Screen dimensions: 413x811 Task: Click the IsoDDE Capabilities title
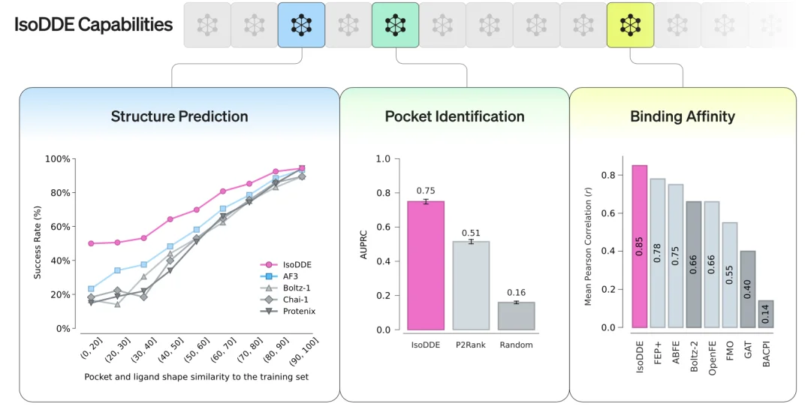tap(93, 24)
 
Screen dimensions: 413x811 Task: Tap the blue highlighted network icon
tap(301, 25)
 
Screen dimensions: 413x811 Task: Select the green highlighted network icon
tap(395, 25)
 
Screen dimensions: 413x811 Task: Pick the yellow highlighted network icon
tap(630, 25)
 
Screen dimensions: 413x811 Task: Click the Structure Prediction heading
tap(179, 116)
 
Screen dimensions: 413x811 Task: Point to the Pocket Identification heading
tap(454, 116)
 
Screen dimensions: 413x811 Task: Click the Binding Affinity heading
tap(682, 116)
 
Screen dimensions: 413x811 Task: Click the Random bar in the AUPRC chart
tap(516, 315)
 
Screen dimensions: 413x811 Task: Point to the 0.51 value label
tap(471, 233)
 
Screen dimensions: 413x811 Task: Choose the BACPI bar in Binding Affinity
tap(765, 314)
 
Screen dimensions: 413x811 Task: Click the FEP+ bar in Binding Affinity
tap(657, 253)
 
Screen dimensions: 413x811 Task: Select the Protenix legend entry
tap(299, 311)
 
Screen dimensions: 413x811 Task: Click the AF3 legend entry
tap(291, 276)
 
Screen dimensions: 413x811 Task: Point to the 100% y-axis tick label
tap(57, 159)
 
